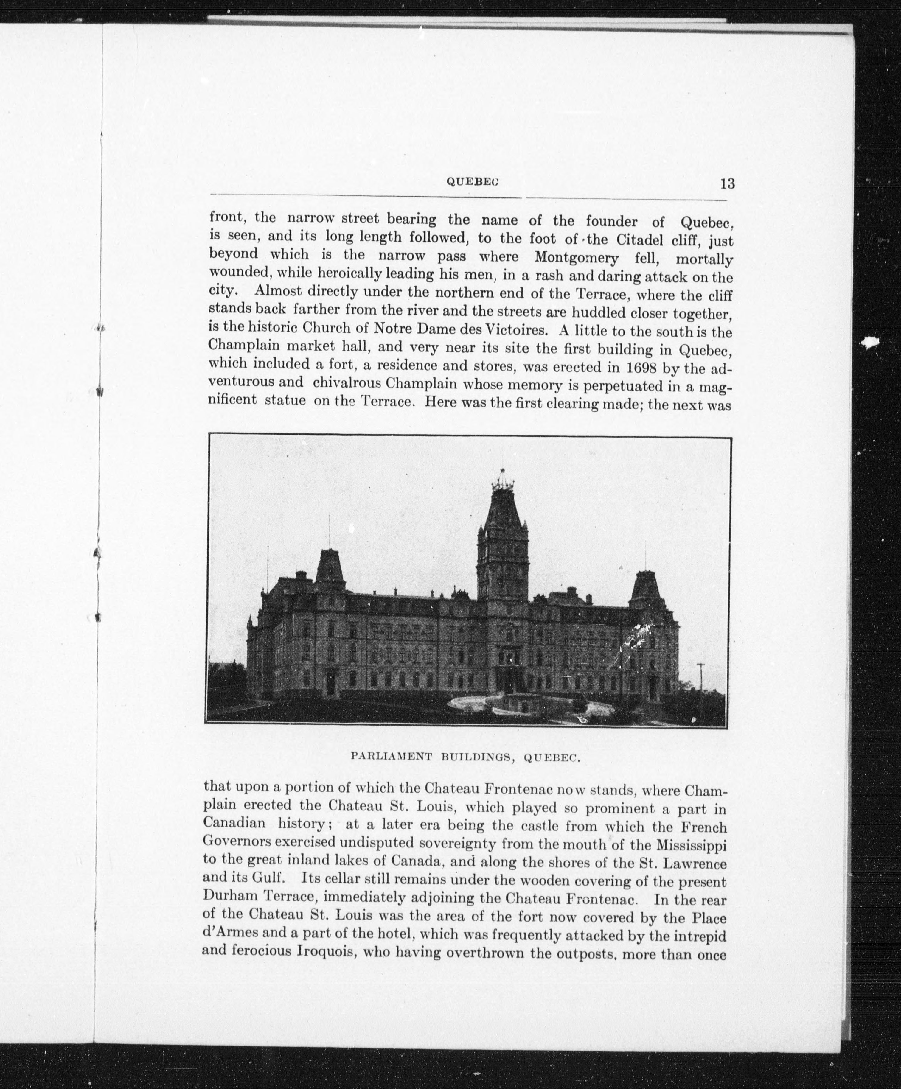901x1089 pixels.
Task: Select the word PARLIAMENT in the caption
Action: point(391,757)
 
